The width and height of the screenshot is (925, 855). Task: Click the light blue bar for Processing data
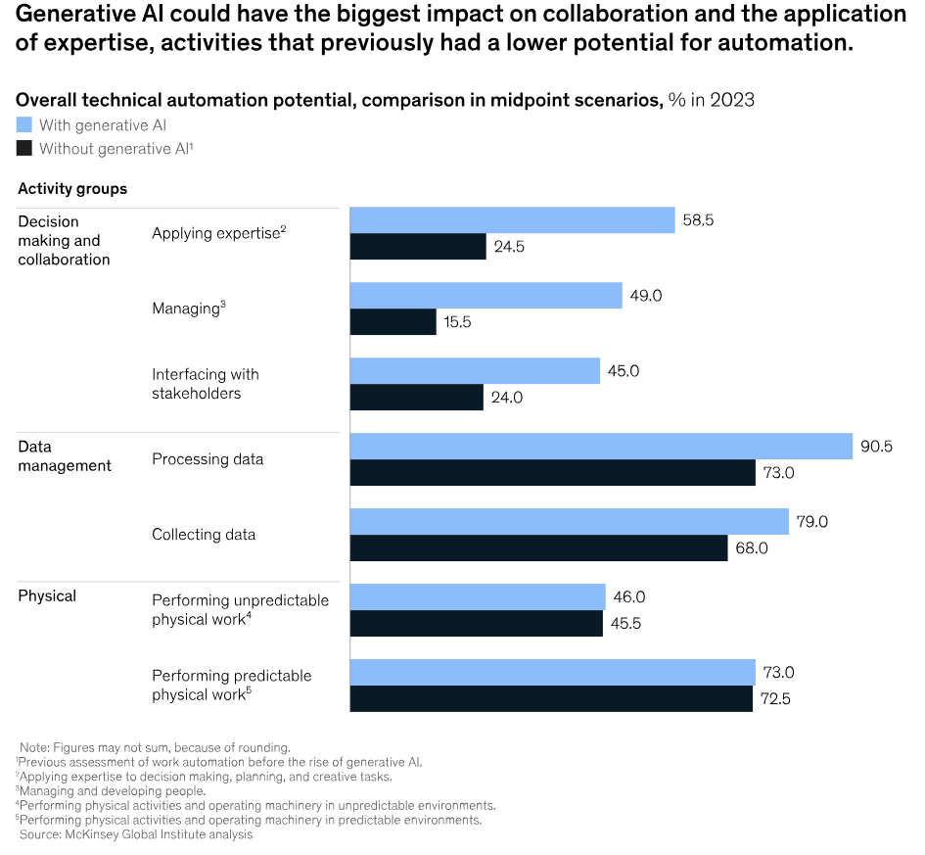[601, 447]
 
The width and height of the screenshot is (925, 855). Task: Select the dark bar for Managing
[393, 322]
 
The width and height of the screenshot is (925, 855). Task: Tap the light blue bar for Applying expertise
[512, 220]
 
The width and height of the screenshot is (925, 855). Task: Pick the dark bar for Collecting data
[538, 548]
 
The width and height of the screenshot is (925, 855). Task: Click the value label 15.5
[458, 322]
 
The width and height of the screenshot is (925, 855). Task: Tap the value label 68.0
[751, 548]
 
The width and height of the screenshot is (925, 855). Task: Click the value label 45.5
[626, 624]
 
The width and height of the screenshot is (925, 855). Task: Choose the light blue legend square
[24, 125]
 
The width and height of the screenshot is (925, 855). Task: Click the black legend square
[24, 149]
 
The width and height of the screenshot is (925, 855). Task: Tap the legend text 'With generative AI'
[103, 125]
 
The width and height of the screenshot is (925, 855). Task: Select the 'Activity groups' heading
[72, 188]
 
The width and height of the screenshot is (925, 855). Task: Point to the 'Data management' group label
[65, 455]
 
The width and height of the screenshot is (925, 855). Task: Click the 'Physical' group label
[47, 595]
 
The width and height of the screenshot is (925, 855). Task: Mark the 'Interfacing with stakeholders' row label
[206, 384]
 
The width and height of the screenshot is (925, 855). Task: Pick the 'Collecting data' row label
[204, 535]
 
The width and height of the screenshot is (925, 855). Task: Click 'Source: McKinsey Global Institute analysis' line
[136, 834]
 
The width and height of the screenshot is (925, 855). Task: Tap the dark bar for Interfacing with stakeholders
[416, 397]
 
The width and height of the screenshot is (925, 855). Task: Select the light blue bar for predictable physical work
[552, 672]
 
